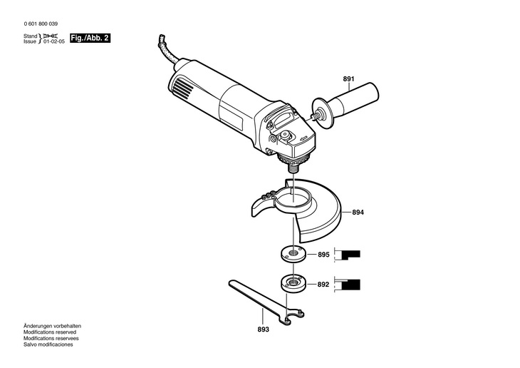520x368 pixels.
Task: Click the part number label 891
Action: (348, 78)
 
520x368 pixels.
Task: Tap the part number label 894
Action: (358, 213)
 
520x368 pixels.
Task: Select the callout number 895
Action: (323, 255)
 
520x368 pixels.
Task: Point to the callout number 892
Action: (323, 284)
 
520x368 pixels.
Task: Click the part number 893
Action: (264, 329)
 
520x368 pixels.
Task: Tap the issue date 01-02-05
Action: (53, 42)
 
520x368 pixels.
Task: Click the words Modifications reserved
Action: (51, 332)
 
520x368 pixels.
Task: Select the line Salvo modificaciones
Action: (48, 344)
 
